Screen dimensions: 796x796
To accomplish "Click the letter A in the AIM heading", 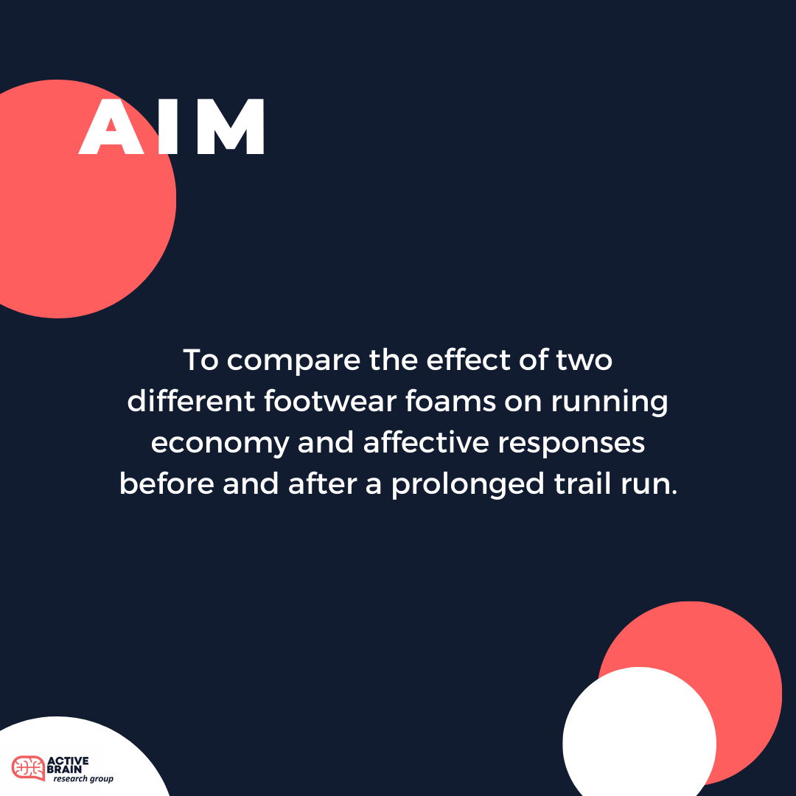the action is [x=112, y=127].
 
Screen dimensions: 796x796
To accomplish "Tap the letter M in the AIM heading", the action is [x=231, y=127].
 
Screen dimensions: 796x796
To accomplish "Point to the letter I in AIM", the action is [x=168, y=127].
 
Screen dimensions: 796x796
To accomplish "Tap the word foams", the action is [x=450, y=401].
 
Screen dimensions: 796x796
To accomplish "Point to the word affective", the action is [x=426, y=442].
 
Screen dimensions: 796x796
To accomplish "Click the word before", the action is [x=167, y=483].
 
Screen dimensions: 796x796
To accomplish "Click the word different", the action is [x=191, y=401].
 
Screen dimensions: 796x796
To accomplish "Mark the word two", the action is [x=584, y=361].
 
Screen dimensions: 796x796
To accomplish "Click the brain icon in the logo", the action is [x=28, y=767].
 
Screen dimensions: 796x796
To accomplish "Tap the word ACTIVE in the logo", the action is [x=68, y=761].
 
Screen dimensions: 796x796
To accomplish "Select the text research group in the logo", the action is [x=83, y=779].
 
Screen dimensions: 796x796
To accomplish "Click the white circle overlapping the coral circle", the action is [x=639, y=736].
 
